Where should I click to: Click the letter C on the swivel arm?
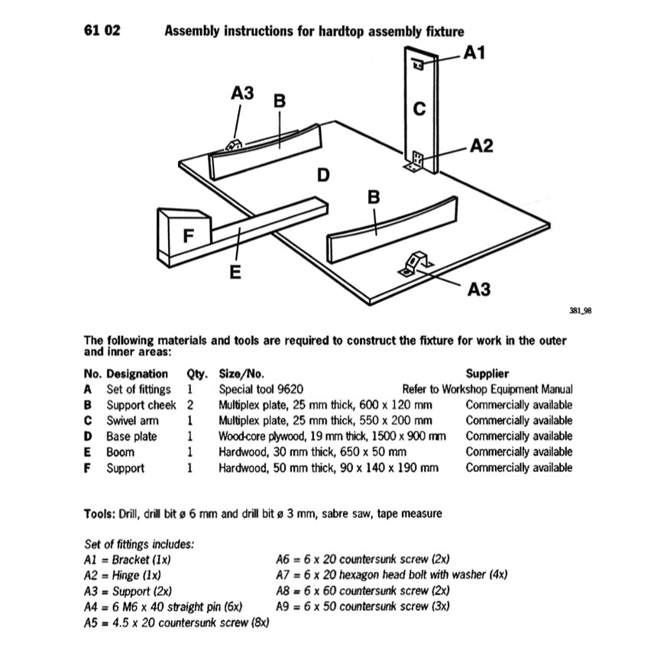click(419, 109)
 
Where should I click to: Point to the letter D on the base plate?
click(323, 176)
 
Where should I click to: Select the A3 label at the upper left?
click(242, 93)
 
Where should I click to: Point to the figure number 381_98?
click(581, 311)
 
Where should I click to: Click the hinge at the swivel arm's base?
click(416, 163)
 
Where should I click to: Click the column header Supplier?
click(487, 374)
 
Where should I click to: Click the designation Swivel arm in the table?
click(132, 420)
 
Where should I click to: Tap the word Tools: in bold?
click(99, 513)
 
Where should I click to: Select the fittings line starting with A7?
click(391, 575)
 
